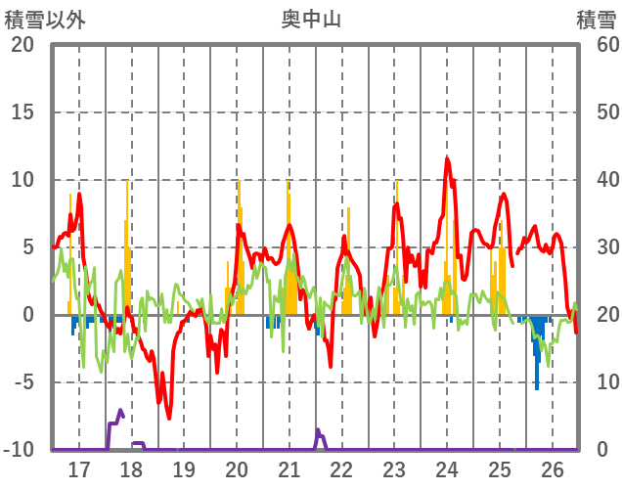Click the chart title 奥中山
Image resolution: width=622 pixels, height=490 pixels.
[311, 19]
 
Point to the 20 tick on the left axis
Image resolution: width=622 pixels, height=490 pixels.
[22, 45]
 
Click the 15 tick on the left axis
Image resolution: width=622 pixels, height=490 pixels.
[22, 112]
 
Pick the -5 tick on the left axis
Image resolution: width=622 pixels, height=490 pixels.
[22, 382]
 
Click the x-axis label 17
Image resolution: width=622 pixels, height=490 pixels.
[78, 469]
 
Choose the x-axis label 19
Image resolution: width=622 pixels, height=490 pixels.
[184, 469]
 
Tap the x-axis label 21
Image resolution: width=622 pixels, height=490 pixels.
[289, 469]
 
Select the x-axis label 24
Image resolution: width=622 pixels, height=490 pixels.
[447, 469]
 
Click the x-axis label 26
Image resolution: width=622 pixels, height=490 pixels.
[552, 469]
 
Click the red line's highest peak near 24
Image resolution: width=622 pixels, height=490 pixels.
[447, 158]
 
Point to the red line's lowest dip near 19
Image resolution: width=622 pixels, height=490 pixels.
[168, 418]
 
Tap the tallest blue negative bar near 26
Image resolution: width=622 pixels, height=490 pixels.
[537, 388]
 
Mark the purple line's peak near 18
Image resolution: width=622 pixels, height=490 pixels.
[120, 411]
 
